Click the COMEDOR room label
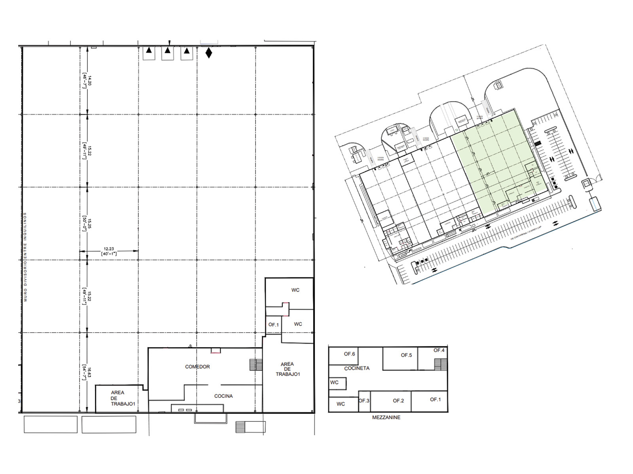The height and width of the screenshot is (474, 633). pos(197,367)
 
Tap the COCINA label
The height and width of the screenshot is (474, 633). pos(224,396)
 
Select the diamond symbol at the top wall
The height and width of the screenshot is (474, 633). pos(208,53)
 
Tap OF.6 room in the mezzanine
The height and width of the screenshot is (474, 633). pos(349,354)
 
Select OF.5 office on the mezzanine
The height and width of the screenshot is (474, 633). pos(406,355)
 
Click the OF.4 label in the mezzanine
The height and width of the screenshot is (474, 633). pos(439,350)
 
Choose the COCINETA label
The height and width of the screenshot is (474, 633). pos(357,368)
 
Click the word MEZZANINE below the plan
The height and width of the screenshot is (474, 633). pos(386,417)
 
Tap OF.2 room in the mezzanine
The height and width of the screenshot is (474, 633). pos(398,401)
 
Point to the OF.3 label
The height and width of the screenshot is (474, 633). pos(364,401)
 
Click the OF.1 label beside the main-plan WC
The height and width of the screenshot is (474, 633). pos(273,325)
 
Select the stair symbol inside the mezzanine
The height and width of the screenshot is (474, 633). pos(440,364)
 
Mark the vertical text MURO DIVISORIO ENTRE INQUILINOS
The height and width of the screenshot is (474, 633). pos(25,257)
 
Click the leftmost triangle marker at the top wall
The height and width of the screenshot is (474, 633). pos(149,50)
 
